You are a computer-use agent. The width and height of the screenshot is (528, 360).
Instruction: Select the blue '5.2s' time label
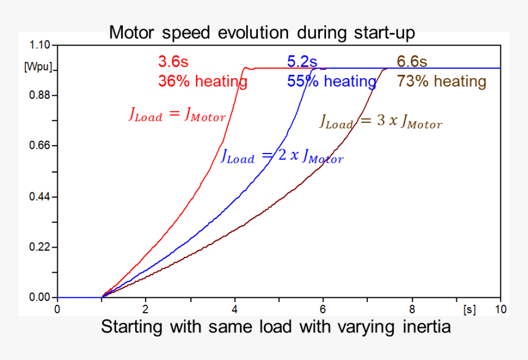point(302,62)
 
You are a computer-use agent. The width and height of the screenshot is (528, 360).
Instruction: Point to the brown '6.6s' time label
point(412,62)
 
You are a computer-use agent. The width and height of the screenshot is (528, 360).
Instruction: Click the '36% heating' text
point(203,81)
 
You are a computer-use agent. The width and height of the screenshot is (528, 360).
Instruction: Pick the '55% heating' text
point(331,81)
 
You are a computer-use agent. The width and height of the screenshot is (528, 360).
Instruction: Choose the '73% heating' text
point(441,81)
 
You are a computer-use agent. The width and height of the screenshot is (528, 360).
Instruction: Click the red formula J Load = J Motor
point(177,115)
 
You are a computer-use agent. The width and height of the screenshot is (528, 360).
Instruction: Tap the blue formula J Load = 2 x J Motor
point(282,156)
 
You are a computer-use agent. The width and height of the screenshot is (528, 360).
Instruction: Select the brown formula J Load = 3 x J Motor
point(381,122)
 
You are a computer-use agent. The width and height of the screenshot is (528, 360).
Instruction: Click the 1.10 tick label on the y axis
point(38,45)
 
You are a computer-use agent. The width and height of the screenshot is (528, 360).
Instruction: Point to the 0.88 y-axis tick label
point(38,95)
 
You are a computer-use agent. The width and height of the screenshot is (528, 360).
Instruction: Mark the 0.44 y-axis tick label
point(38,197)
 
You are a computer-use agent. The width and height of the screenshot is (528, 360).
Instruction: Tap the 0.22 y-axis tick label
point(38,247)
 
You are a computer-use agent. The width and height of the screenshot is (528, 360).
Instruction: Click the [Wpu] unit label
point(38,66)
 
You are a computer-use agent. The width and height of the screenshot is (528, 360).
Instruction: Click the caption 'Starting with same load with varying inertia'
point(276,327)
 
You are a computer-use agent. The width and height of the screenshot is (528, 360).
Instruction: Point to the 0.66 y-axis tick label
point(38,146)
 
